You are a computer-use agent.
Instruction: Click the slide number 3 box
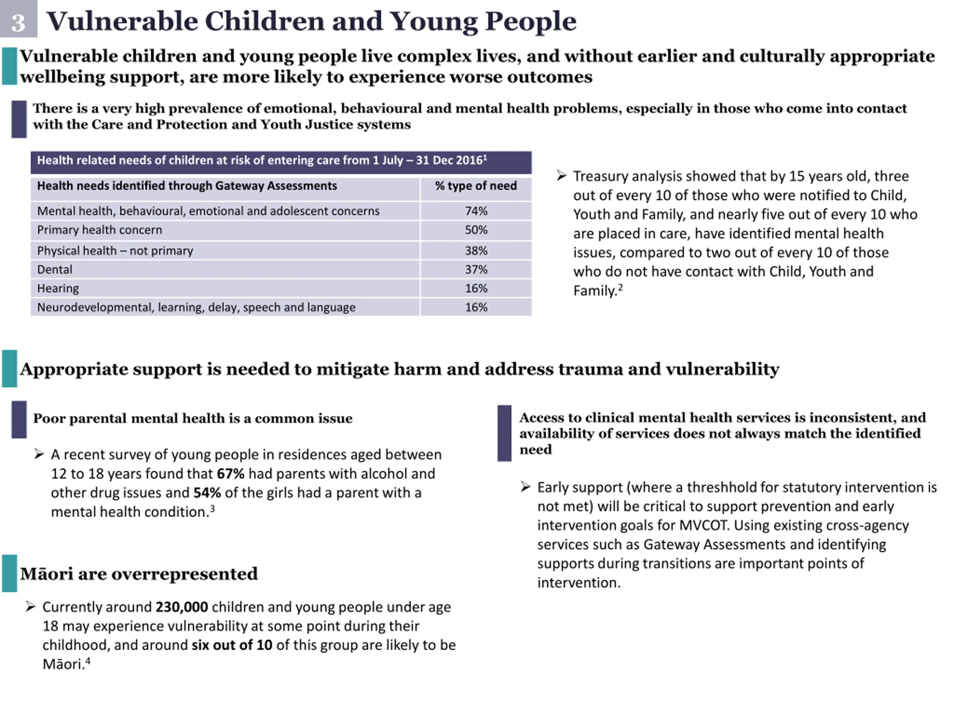[x=18, y=19]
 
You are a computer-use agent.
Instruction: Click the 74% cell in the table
[x=476, y=211]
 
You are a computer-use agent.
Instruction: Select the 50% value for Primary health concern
[x=476, y=230]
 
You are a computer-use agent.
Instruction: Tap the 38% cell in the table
[x=476, y=250]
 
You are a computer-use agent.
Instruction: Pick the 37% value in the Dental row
[x=476, y=269]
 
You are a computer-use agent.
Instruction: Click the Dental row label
[x=55, y=269]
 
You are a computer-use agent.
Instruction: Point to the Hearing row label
[x=58, y=288]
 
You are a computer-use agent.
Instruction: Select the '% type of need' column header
[x=476, y=186]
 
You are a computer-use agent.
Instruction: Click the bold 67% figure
[x=230, y=474]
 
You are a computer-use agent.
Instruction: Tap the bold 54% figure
[x=207, y=493]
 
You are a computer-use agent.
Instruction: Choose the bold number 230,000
[x=181, y=607]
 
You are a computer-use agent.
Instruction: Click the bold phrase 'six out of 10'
[x=231, y=645]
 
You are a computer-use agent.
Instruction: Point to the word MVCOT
[x=704, y=525]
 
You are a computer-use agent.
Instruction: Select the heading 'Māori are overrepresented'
[x=139, y=573]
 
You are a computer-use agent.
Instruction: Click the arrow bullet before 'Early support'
[x=525, y=487]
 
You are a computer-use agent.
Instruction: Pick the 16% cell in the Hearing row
[x=476, y=288]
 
